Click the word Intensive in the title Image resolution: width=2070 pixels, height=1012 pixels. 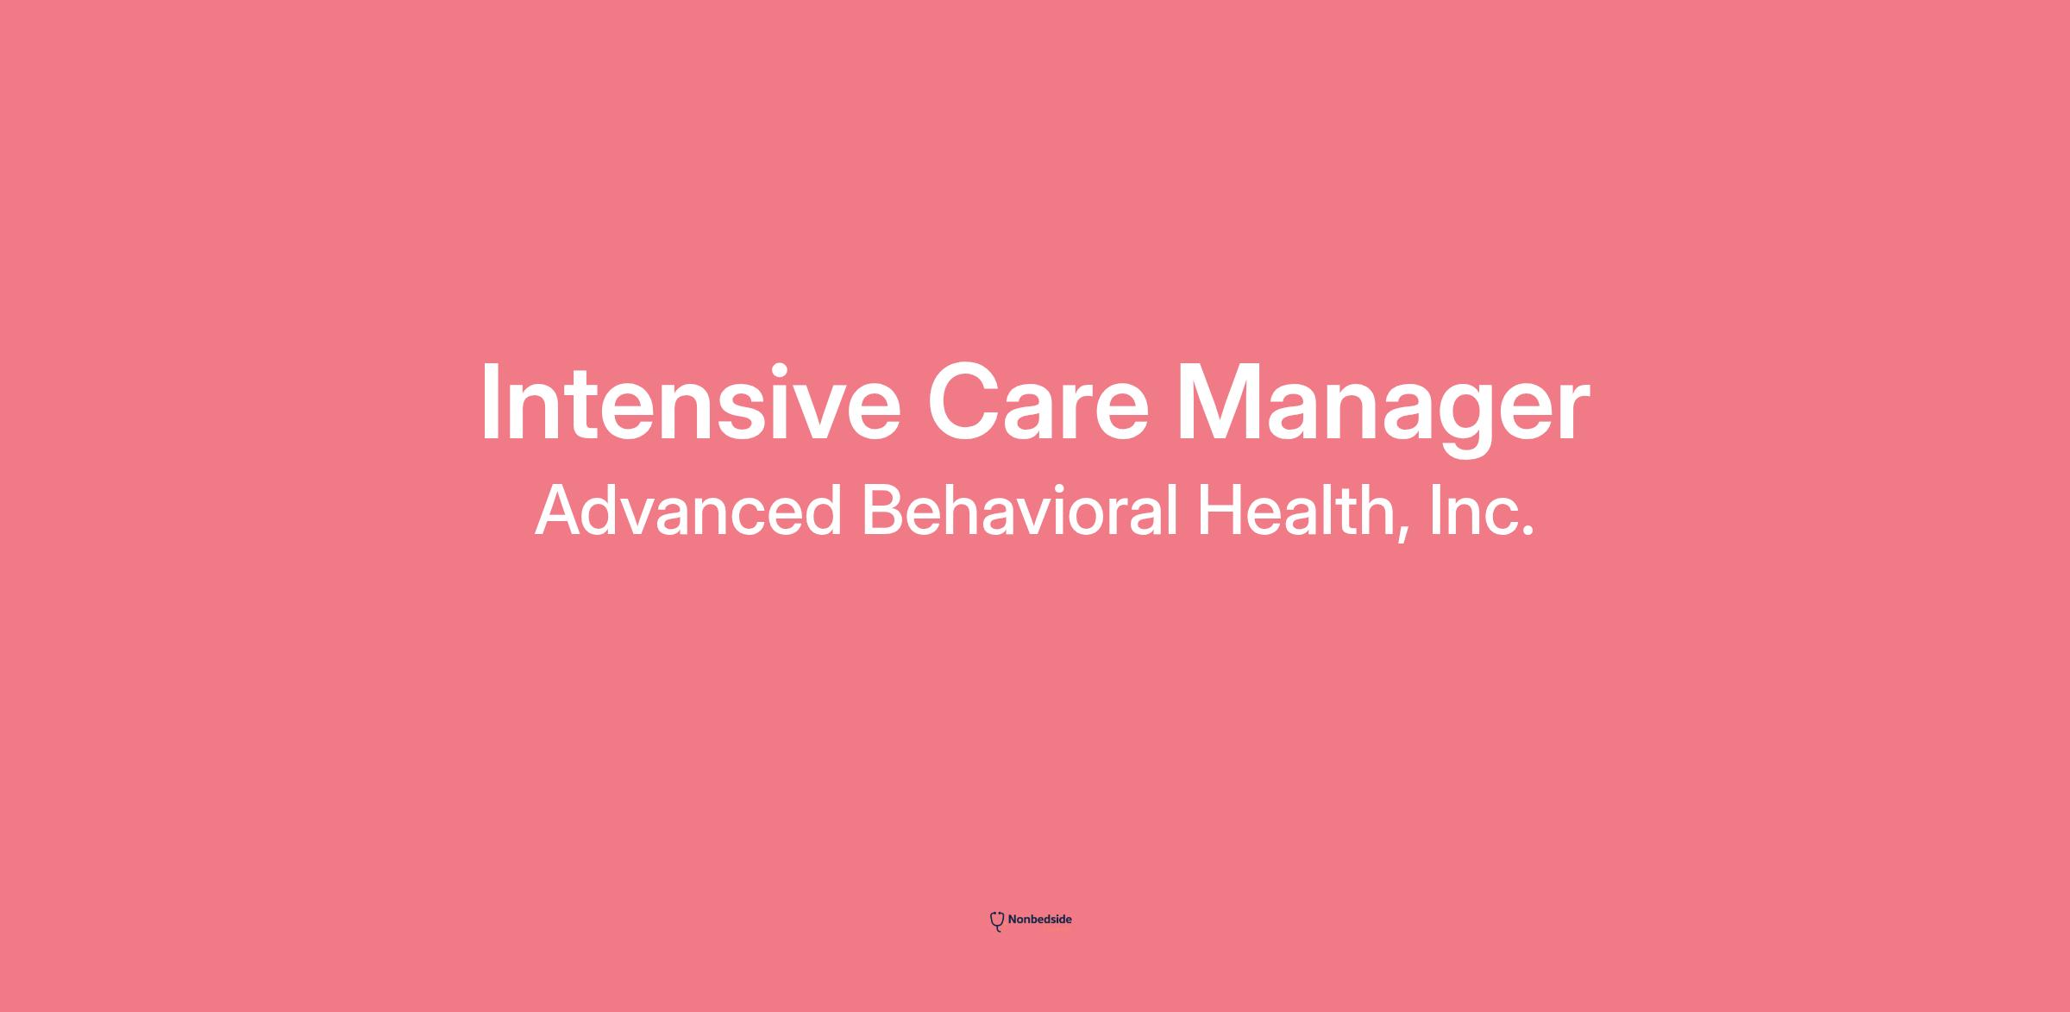(x=691, y=402)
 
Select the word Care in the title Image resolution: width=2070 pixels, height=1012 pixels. (x=1038, y=403)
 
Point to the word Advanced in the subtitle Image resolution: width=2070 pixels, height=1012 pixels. (x=688, y=510)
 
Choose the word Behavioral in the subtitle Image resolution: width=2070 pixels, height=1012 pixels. (x=1020, y=510)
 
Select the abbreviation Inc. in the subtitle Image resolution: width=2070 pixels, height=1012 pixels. (x=1482, y=511)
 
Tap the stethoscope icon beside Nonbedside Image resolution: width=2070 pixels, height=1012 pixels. (x=997, y=921)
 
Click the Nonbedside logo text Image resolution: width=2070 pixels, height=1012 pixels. (x=1039, y=920)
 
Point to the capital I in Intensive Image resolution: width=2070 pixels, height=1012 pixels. (x=490, y=402)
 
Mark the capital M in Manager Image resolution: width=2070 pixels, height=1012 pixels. (x=1217, y=402)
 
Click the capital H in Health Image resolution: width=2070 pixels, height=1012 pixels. (x=1220, y=511)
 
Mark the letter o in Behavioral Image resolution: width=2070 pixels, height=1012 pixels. (x=1106, y=519)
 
